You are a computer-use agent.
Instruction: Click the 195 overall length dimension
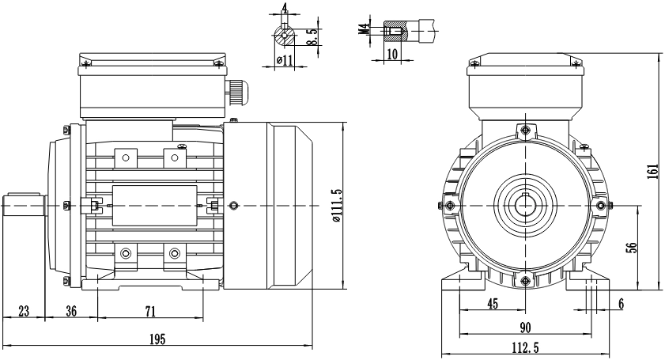[x=157, y=339]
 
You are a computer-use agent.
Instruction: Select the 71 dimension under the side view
[x=150, y=312]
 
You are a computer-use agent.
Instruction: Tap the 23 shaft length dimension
[x=24, y=311]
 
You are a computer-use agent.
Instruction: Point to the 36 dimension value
[x=71, y=311]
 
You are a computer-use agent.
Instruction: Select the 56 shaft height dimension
[x=632, y=248]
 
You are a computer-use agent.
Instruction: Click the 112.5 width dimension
[x=525, y=348]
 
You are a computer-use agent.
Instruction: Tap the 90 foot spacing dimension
[x=525, y=328]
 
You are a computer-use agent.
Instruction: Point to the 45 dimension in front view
[x=493, y=304]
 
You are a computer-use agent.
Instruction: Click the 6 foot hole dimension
[x=622, y=304]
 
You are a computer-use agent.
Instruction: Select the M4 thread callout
[x=363, y=30]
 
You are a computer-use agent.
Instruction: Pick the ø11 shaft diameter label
[x=285, y=60]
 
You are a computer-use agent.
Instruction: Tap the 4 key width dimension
[x=284, y=8]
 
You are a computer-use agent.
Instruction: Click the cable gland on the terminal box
[x=236, y=92]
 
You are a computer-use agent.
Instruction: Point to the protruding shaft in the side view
[x=25, y=205]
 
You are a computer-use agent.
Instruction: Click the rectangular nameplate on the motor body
[x=155, y=206]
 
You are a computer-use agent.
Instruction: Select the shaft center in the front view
[x=525, y=206]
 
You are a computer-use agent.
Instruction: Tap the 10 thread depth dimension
[x=393, y=54]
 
